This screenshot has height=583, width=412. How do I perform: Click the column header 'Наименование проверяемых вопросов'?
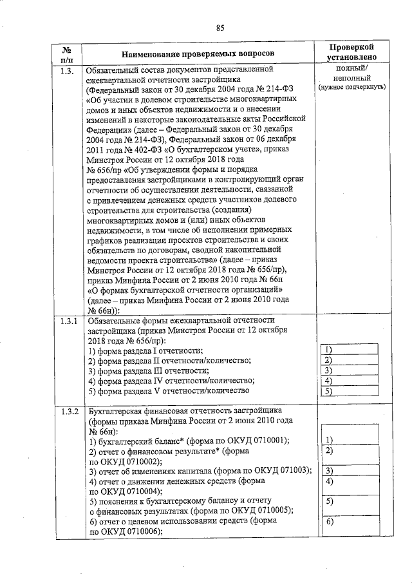(197, 52)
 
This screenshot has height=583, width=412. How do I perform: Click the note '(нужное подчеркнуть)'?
(351, 86)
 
